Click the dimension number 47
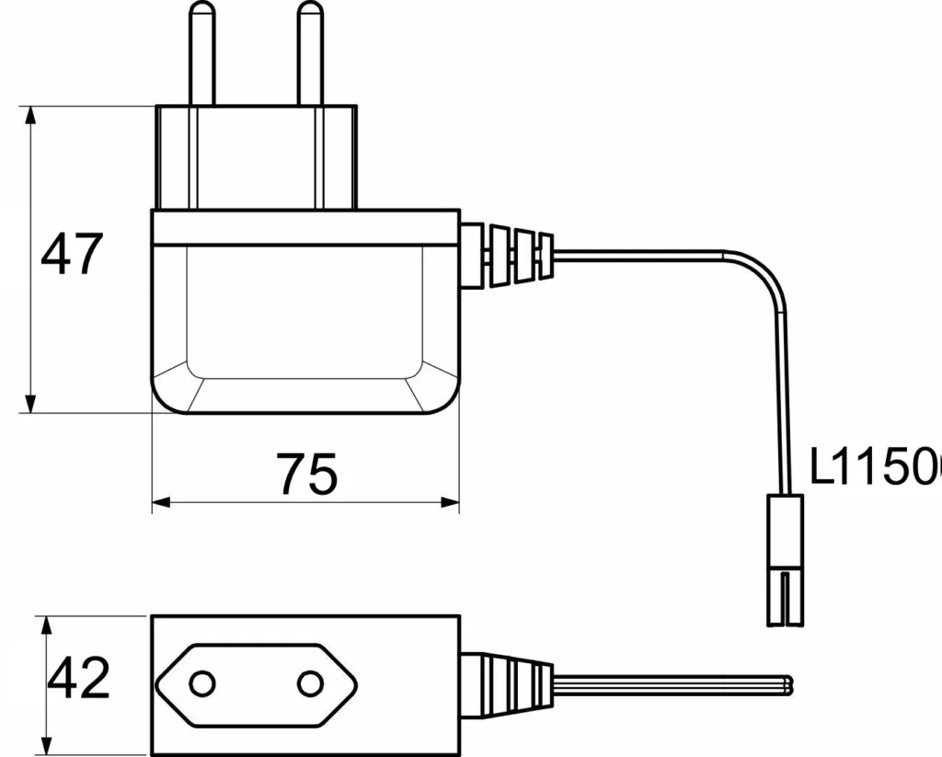pyautogui.click(x=72, y=255)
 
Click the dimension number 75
pyautogui.click(x=308, y=476)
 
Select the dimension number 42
pyautogui.click(x=79, y=680)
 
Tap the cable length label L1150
pyautogui.click(x=874, y=467)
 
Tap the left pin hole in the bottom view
pyautogui.click(x=201, y=683)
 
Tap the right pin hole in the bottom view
pyautogui.click(x=310, y=683)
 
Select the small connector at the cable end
pyautogui.click(x=785, y=558)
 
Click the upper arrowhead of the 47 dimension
pyautogui.click(x=31, y=115)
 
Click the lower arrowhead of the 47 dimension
pyautogui.click(x=31, y=404)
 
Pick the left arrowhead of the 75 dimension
pyautogui.click(x=161, y=502)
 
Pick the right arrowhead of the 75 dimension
pyautogui.click(x=450, y=502)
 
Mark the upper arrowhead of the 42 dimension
pyautogui.click(x=46, y=625)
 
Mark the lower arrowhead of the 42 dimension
pyautogui.click(x=46, y=742)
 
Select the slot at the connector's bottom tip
pyautogui.click(x=785, y=602)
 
